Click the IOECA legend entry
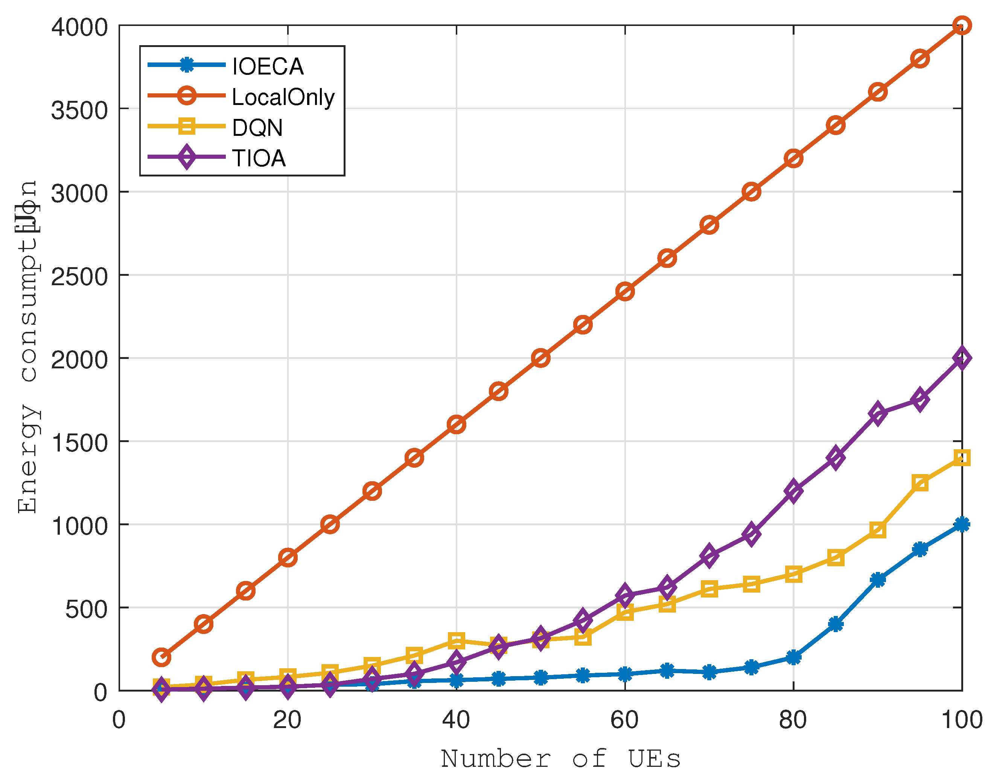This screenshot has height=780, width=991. pos(268,67)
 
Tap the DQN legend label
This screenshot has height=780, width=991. pos(257,128)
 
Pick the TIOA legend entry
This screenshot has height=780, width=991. pos(259,158)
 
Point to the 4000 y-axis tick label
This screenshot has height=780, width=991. pos(79,27)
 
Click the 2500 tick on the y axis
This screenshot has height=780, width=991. pos(79,277)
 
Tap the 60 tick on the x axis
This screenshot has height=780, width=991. pos(624,720)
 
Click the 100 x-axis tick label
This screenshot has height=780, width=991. pos(962,720)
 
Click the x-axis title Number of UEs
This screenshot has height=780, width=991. pos(560,759)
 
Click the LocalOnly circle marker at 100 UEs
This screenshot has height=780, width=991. pos(962,26)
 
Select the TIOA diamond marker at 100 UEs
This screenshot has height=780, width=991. pos(962,358)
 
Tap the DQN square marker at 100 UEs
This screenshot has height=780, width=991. pos(962,458)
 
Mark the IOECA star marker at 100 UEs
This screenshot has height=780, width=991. pos(962,524)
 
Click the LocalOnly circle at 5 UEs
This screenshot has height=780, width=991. pos(161,657)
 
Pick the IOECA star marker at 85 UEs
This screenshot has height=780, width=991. pos(835,624)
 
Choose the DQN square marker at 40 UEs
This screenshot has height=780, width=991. pos(456,640)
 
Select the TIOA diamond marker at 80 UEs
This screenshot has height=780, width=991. pos(793,491)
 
